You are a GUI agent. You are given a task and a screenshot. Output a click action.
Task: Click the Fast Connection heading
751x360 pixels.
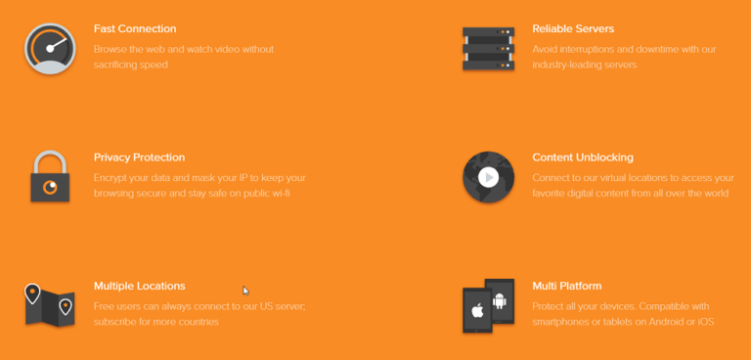coord(135,28)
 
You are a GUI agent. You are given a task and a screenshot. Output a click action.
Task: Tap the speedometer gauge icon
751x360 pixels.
coord(50,49)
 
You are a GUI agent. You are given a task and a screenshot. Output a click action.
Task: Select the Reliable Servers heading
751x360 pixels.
coord(573,28)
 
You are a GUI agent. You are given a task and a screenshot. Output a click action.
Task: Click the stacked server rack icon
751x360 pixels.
coord(488,49)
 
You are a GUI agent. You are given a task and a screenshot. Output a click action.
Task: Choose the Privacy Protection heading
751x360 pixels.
coord(140,157)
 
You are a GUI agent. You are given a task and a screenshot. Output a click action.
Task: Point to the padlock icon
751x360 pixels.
coord(50,176)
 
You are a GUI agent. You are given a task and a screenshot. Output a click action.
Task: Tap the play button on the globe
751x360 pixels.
coord(489,178)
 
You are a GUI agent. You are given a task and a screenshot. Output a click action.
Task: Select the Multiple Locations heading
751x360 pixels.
coord(140,287)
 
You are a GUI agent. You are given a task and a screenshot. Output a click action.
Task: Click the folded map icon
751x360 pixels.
coord(50,305)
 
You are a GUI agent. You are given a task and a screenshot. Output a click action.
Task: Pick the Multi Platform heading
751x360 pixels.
coord(566,287)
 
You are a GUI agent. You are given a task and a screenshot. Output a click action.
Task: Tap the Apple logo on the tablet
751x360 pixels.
coord(476,310)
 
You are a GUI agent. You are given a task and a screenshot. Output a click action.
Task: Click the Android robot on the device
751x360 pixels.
coord(500,301)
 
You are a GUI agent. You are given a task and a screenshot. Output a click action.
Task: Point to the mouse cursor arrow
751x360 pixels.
coord(245,291)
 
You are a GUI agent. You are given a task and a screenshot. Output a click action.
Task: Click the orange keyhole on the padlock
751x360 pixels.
coord(50,187)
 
